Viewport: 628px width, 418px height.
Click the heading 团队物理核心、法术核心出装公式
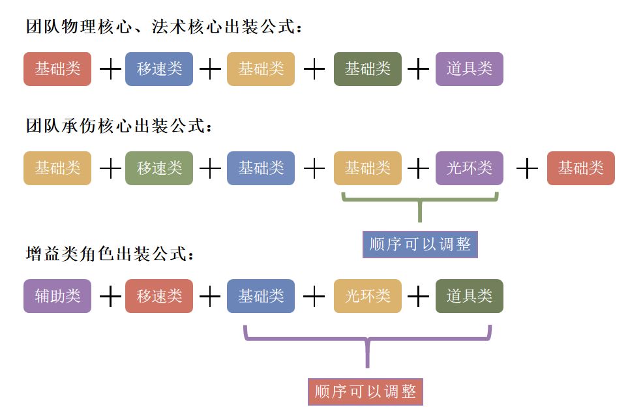coord(163,28)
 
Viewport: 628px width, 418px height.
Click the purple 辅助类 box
coord(57,296)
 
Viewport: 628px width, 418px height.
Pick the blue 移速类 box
coord(159,69)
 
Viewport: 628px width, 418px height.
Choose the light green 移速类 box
coord(159,168)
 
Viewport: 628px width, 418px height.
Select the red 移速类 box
coord(159,296)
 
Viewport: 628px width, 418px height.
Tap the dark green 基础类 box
coord(367,69)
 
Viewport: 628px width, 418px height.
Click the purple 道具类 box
coord(470,69)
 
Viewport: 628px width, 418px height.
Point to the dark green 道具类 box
coord(470,296)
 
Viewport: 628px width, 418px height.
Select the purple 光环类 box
coord(470,168)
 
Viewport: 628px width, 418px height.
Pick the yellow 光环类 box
coord(367,296)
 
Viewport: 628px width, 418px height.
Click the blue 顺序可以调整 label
coord(420,245)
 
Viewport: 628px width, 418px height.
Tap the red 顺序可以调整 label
coord(365,391)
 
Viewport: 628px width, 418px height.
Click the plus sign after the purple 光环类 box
coord(527,169)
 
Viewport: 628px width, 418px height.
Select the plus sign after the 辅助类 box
coord(110,297)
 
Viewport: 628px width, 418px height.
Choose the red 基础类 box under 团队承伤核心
coord(580,168)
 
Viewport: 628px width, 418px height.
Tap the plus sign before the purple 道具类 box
coord(418,69)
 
